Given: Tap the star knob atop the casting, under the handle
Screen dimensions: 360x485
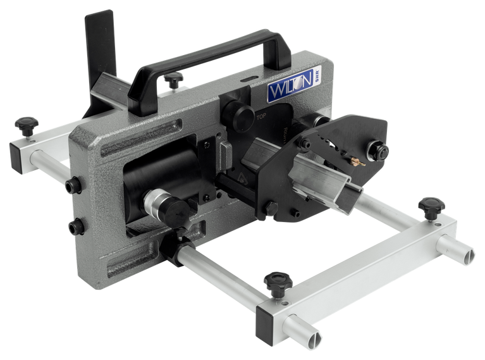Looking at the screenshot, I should click(172, 79).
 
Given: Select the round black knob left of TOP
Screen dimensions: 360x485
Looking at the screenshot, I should click(242, 115).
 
